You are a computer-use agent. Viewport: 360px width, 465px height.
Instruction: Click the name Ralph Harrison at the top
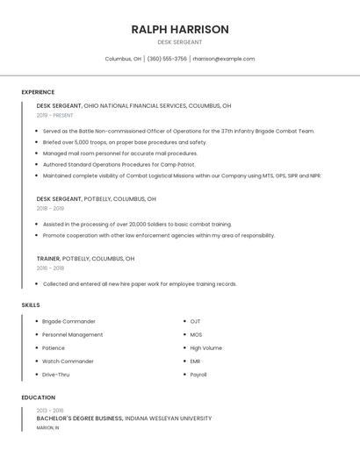pos(180,29)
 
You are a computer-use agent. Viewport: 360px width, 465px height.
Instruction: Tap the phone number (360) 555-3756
pos(167,59)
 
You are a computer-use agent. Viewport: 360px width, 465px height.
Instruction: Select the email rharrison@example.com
pos(224,59)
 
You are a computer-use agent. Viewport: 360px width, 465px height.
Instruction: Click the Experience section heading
pos(38,92)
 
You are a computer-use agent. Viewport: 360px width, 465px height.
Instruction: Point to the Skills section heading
pos(31,305)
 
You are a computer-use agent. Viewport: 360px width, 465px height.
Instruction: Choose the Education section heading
pos(39,397)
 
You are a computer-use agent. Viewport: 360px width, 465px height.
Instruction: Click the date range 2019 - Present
pos(54,115)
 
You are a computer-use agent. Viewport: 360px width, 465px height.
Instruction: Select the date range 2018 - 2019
pos(50,208)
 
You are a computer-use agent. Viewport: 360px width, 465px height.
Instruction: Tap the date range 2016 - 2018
pos(50,268)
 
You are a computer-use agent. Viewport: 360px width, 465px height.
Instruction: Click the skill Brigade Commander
pos(68,321)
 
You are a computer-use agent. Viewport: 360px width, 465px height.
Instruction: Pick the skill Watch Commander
pos(68,361)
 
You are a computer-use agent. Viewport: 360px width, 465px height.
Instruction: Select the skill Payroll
pos(198,375)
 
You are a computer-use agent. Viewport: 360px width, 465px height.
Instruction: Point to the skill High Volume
pos(206,348)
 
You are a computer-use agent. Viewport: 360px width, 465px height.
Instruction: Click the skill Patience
pos(54,348)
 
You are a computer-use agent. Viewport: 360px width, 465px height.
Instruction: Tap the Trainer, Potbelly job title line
pos(85,259)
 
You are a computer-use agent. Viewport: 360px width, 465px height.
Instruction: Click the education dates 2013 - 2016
pos(50,411)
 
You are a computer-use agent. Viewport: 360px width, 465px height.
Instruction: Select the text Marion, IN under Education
pos(48,427)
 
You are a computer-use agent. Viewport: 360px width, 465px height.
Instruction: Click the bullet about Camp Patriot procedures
pos(119,164)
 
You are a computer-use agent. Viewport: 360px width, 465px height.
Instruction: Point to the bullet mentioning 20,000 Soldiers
pos(137,224)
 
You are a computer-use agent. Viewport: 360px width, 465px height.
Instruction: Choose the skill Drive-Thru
pos(56,375)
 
